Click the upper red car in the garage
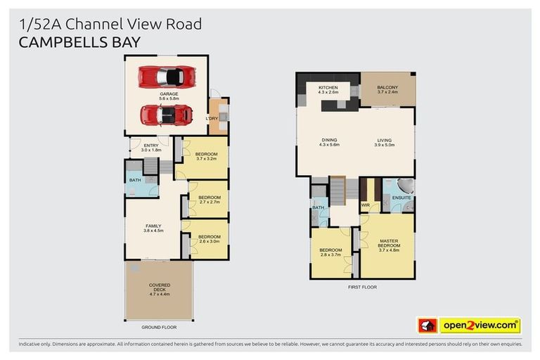point(166,75)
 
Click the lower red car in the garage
point(166,113)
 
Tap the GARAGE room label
point(169,94)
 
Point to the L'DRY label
point(212,119)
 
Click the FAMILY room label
point(153,226)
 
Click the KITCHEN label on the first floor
point(328,88)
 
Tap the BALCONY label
point(387,88)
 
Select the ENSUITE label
point(401,198)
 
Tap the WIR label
point(365,205)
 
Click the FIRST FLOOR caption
point(363,288)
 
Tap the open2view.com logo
point(480,326)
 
